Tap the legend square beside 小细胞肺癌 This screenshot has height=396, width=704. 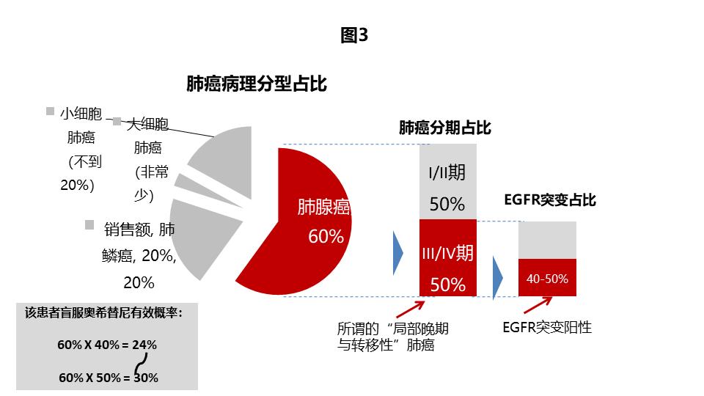coord(50,112)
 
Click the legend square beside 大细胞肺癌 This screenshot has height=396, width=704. coord(117,122)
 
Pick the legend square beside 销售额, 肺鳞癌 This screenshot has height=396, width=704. coord(89,224)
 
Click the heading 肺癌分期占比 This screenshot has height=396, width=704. coord(444,128)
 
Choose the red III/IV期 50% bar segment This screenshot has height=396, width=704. coord(447,258)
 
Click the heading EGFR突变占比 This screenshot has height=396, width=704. coord(550,200)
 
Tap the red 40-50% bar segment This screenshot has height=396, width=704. coord(547,278)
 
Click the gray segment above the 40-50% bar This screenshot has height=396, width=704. coord(547,240)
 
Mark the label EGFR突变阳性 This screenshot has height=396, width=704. coord(547,327)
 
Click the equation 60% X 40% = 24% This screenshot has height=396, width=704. coord(107,344)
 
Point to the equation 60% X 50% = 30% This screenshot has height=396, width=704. coord(107,378)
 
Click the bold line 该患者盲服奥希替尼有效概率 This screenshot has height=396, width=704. coord(103,312)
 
